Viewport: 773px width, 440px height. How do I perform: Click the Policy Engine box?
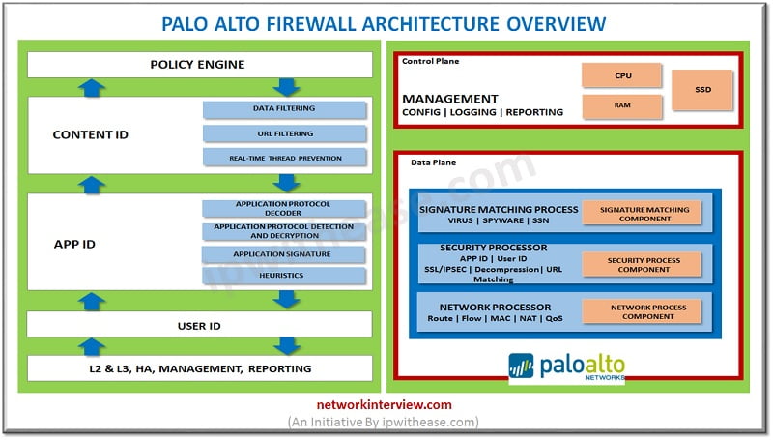coord(198,65)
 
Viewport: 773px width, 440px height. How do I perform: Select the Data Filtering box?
coord(284,108)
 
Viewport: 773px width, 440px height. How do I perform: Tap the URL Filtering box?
coord(284,132)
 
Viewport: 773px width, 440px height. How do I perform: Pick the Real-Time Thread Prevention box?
coord(284,157)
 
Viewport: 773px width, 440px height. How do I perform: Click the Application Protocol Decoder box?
coord(284,208)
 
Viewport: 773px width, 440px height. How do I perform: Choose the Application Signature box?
coord(284,254)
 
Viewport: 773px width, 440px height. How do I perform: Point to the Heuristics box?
coord(284,276)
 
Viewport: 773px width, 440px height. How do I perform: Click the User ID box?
coord(198,326)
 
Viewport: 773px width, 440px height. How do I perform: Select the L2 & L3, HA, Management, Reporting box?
coord(198,368)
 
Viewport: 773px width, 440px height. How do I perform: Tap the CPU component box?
coord(621,75)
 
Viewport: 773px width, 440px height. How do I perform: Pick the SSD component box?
coord(702,90)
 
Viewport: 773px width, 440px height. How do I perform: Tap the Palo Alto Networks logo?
coord(567,367)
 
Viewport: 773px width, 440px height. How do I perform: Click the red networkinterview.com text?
coord(386,405)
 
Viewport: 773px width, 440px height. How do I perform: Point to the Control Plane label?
coord(431,61)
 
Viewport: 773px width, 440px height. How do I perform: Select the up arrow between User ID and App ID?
coord(91,302)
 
